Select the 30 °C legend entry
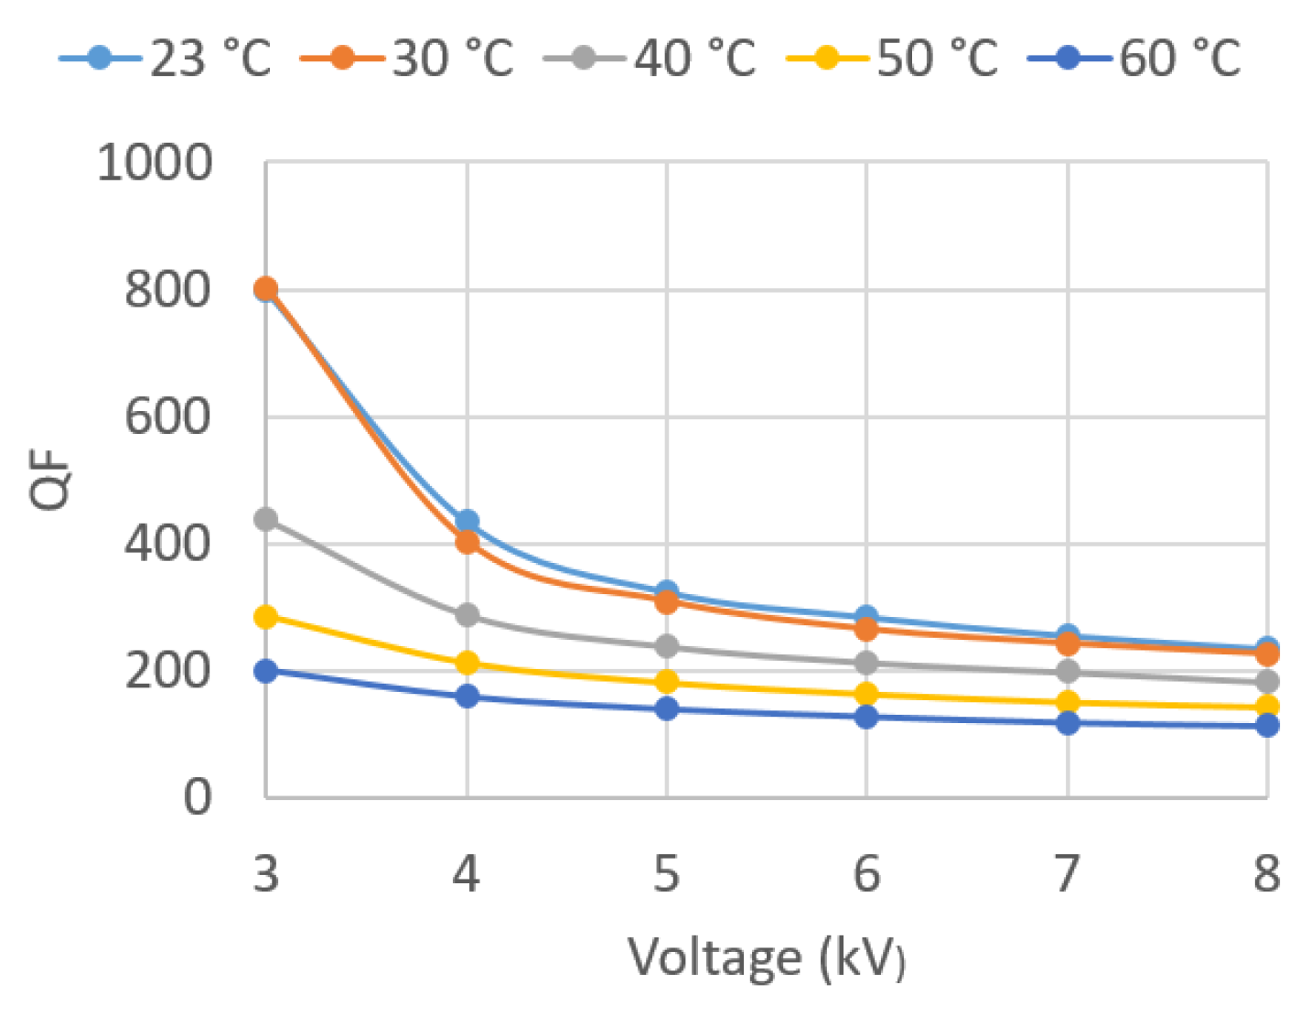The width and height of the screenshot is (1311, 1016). pyautogui.click(x=408, y=59)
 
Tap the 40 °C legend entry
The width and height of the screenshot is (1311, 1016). pyautogui.click(x=650, y=59)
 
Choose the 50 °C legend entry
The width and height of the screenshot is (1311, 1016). pyautogui.click(x=893, y=59)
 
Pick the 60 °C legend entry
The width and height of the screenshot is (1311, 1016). pyautogui.click(x=1135, y=59)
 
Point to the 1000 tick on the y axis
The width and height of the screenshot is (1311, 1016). pyautogui.click(x=155, y=163)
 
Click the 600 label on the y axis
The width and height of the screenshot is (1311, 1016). pyautogui.click(x=167, y=417)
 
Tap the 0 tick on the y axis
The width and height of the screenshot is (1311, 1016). pyautogui.click(x=198, y=797)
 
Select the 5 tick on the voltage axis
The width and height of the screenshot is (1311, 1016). pyautogui.click(x=666, y=873)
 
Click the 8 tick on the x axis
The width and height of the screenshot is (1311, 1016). pyautogui.click(x=1266, y=873)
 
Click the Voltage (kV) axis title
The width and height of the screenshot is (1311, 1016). pyautogui.click(x=767, y=958)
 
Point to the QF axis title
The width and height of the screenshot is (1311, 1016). pyautogui.click(x=50, y=480)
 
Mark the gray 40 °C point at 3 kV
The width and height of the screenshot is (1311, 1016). pyautogui.click(x=266, y=519)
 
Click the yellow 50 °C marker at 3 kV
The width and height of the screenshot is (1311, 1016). pyautogui.click(x=266, y=617)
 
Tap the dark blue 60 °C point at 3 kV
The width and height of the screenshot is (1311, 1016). pyautogui.click(x=266, y=671)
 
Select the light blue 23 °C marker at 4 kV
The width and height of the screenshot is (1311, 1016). pyautogui.click(x=467, y=522)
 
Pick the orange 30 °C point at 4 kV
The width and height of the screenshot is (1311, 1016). pyautogui.click(x=467, y=542)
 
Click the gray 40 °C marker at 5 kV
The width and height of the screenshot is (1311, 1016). pyautogui.click(x=666, y=646)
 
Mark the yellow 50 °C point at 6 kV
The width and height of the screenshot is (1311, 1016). pyautogui.click(x=866, y=694)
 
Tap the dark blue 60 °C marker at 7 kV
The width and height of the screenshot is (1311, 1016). pyautogui.click(x=1067, y=723)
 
